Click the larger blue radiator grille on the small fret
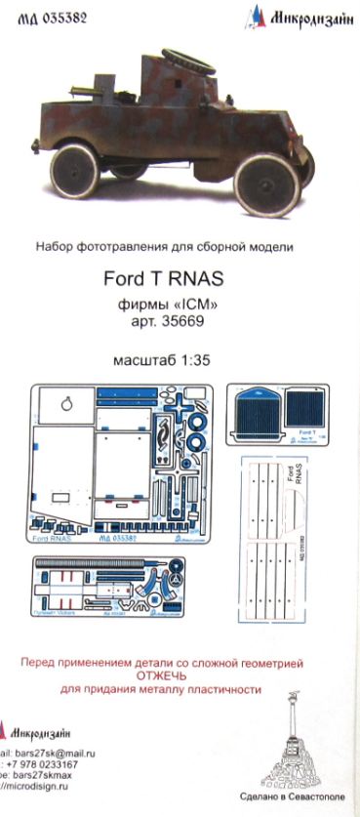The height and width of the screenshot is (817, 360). point(256,426)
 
